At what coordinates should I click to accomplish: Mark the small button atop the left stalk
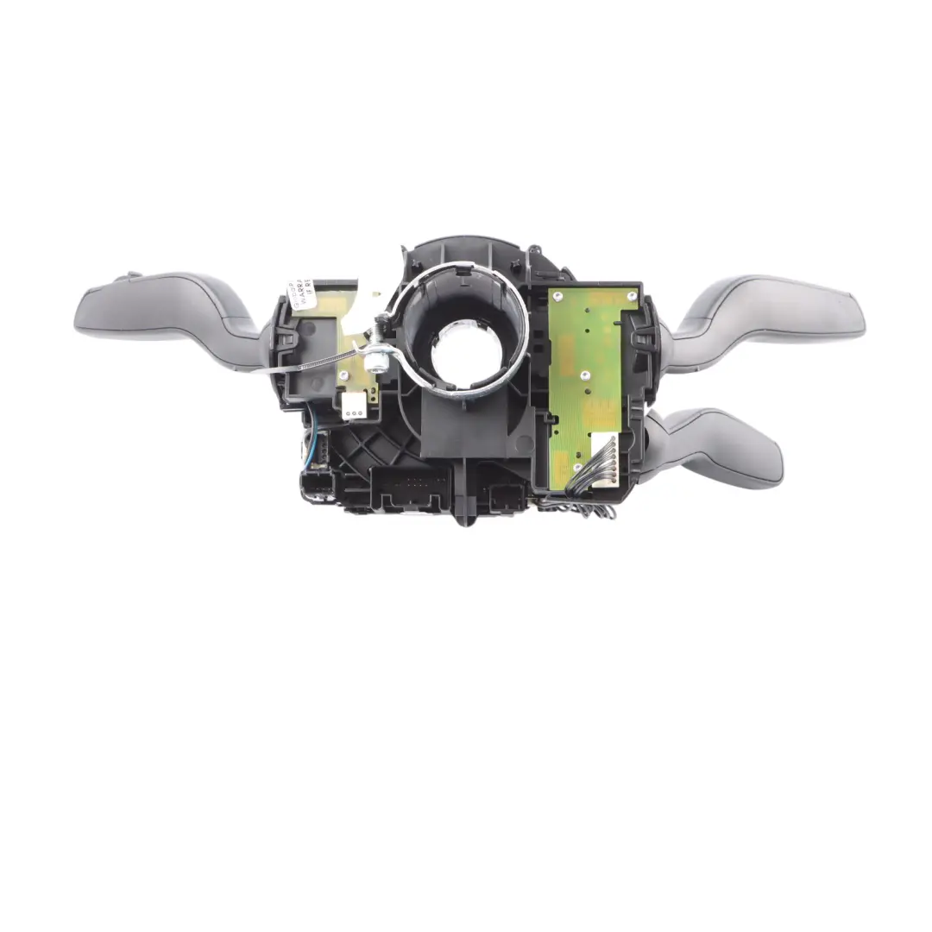point(129,277)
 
